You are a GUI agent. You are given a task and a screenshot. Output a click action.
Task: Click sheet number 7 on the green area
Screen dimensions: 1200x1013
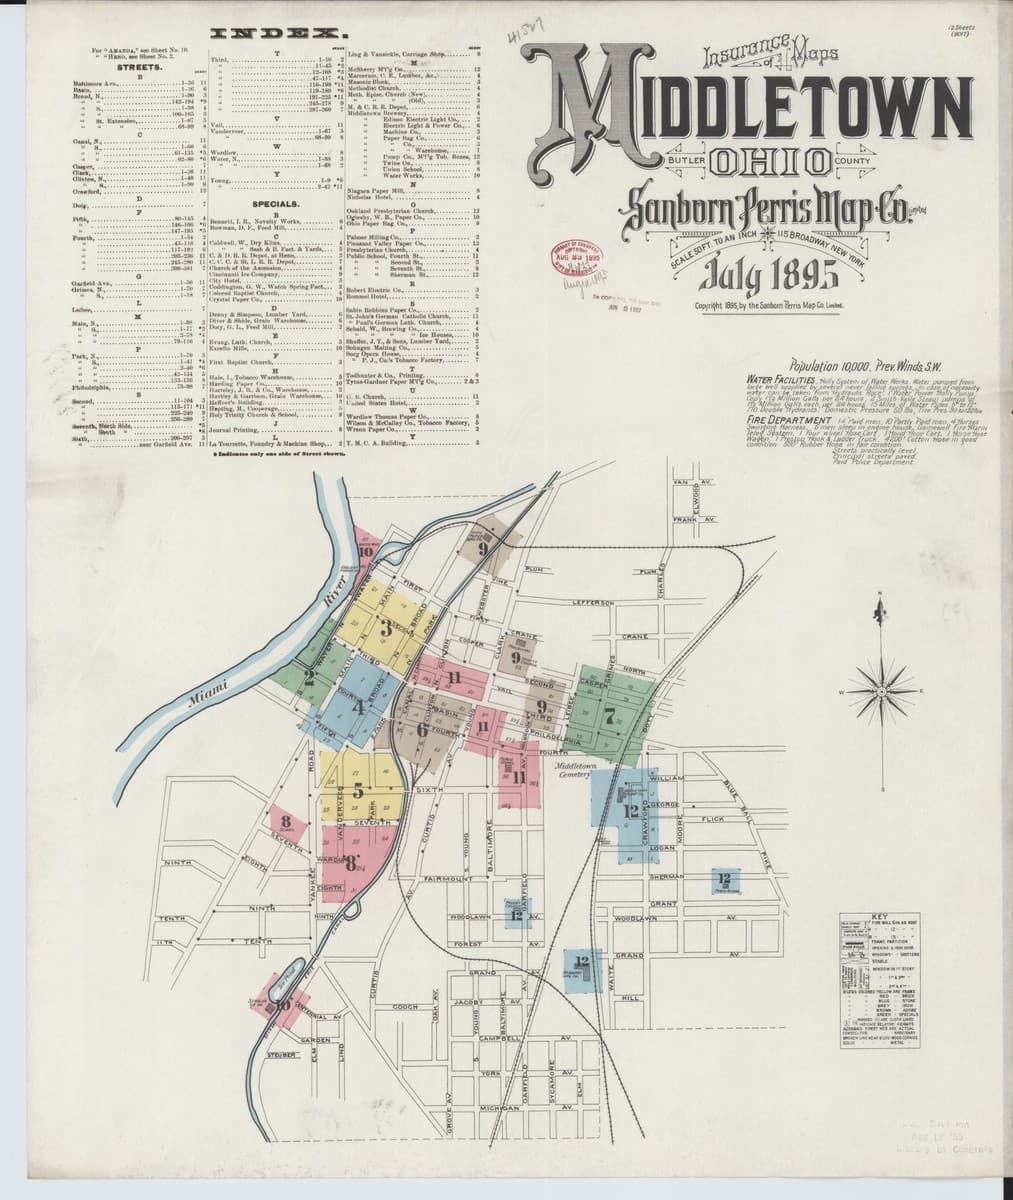click(x=609, y=714)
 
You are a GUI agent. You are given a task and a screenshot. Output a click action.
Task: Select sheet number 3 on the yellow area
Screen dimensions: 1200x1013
click(x=385, y=628)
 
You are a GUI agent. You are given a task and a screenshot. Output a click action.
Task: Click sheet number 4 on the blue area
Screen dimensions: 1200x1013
click(x=357, y=707)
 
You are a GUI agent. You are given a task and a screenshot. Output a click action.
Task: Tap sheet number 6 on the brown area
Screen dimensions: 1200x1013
click(x=422, y=729)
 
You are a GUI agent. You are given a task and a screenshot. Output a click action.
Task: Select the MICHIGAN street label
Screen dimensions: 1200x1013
click(x=502, y=1109)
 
